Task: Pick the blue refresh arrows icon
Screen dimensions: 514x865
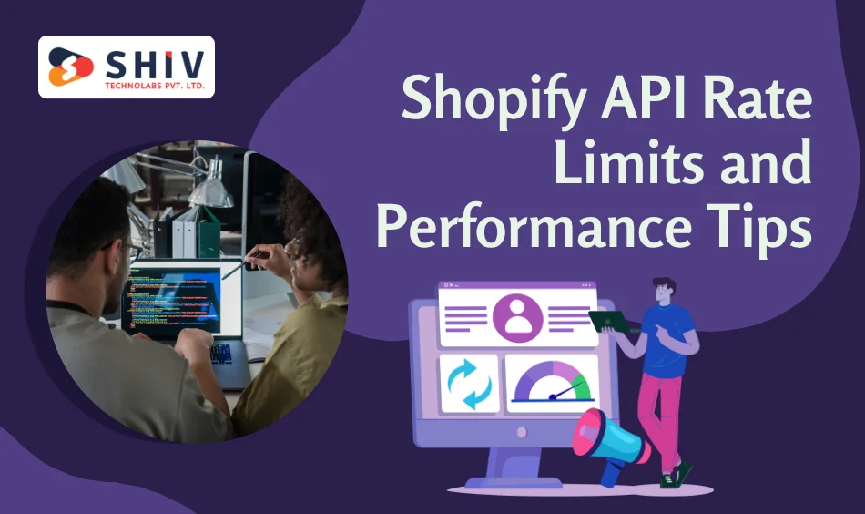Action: point(469,384)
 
